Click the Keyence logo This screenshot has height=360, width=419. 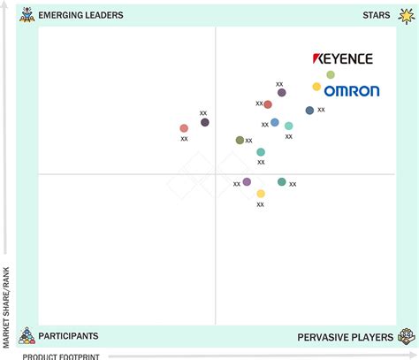coord(343,58)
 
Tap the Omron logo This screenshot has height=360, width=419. coord(352,91)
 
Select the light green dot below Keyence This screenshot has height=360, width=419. coord(331,75)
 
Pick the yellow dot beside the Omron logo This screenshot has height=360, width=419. coord(316,87)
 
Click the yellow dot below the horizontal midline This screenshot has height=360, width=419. coord(261,194)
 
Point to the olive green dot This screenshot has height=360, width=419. coord(240,141)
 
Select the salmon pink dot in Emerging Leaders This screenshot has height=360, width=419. coord(184,128)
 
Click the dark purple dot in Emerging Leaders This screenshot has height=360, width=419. coord(205,122)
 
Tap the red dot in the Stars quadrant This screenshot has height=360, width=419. coord(268,104)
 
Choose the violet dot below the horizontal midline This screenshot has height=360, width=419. coord(247,182)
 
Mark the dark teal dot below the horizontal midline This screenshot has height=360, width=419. coord(282,182)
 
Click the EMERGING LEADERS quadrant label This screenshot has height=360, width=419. coord(80,15)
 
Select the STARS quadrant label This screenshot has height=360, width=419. coord(377,15)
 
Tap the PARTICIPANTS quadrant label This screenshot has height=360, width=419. coord(68,336)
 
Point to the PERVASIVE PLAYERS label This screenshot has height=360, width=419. coord(345,337)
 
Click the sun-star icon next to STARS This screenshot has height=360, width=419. coord(407,16)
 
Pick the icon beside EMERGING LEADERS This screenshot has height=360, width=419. coord(27,15)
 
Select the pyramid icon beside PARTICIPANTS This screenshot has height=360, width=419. coord(27,335)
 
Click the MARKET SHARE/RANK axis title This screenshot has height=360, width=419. coord(6,308)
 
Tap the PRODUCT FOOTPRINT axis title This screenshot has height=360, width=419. coord(61,356)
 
